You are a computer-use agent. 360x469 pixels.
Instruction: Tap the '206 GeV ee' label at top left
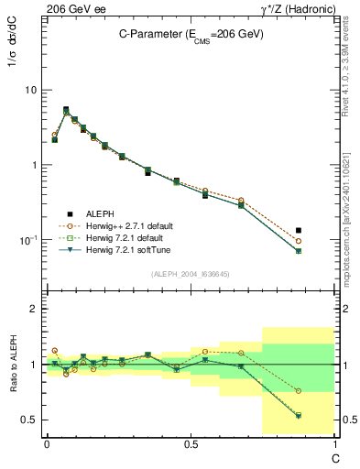tap(75, 8)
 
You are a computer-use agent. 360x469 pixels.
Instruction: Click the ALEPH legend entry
tap(100, 212)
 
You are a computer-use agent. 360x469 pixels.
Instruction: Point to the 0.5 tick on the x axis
tap(190, 443)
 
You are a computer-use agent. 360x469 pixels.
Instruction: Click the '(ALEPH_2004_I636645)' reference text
tap(191, 274)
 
